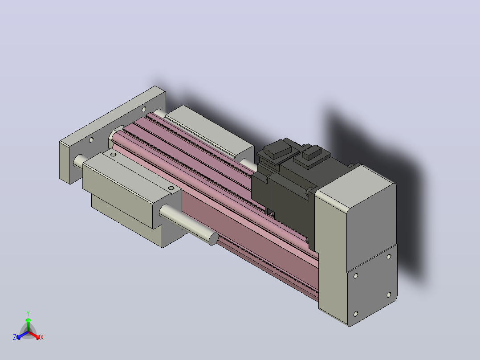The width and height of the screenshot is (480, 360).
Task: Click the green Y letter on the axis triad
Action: pos(28,313)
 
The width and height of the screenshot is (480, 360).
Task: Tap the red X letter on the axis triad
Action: pos(42,337)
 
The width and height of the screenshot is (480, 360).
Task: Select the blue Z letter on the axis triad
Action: pos(15,337)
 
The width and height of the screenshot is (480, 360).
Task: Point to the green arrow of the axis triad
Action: pos(28,324)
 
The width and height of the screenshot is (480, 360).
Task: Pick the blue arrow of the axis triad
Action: pos(22,335)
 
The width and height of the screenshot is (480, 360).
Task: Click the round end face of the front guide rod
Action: pos(214,239)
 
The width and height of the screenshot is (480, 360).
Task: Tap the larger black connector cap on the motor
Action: pos(277,150)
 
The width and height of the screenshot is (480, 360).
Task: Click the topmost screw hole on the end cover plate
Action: pos(389,257)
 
